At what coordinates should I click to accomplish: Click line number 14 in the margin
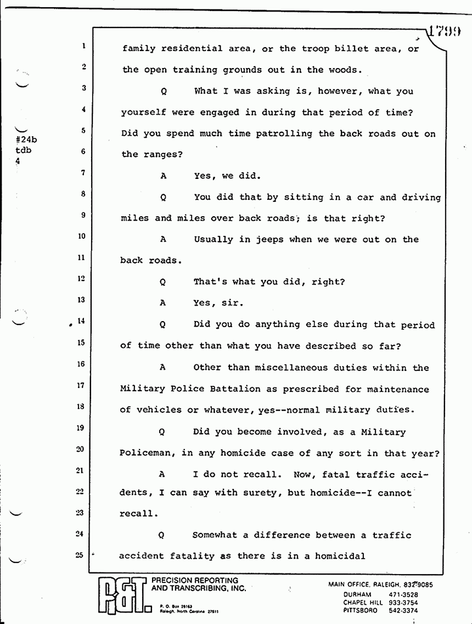tap(81, 322)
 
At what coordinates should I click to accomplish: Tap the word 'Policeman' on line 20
tap(145, 453)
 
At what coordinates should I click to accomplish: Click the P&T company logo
tap(123, 594)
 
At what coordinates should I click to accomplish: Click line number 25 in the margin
tap(80, 554)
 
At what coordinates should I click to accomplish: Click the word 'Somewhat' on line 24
tap(216, 535)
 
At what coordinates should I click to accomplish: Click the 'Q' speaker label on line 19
tap(162, 432)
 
